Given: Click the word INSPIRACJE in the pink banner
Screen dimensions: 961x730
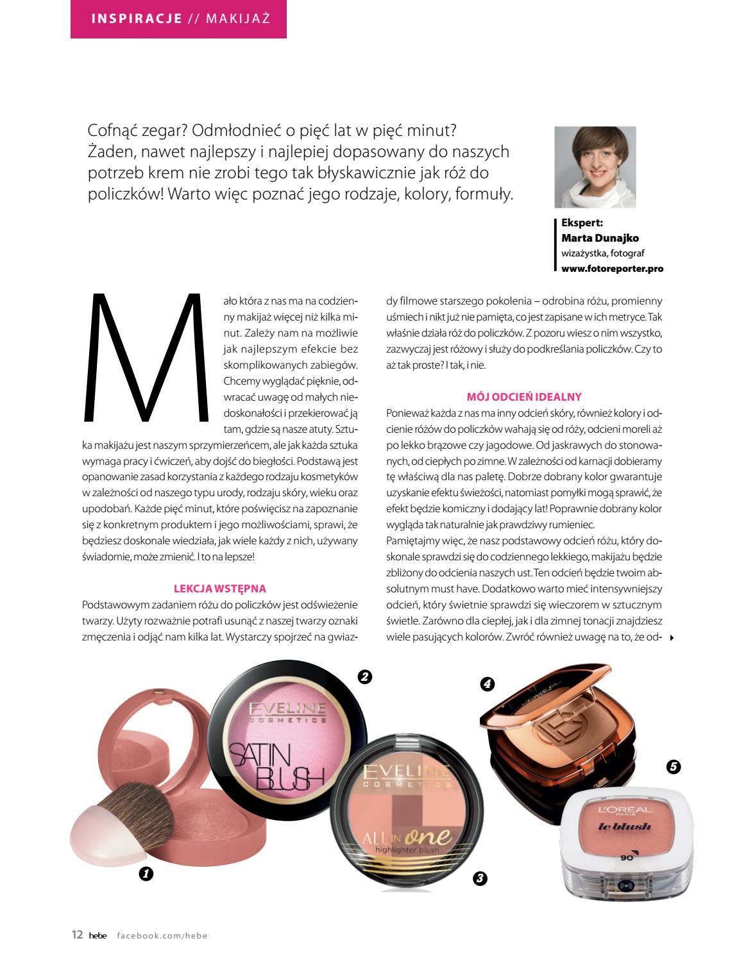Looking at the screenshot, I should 137,18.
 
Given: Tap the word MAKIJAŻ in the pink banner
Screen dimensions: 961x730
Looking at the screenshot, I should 238,18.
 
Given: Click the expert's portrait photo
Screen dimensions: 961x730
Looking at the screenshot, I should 595,167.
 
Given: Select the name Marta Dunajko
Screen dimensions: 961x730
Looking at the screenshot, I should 600,238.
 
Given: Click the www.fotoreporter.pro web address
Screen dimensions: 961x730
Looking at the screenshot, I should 612,269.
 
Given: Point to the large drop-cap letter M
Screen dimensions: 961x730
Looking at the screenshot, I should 147,357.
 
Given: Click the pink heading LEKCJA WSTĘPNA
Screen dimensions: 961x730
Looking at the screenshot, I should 219,588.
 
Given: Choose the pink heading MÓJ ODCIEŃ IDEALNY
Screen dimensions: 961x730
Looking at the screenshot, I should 524,397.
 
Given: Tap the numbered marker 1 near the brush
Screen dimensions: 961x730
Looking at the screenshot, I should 146,873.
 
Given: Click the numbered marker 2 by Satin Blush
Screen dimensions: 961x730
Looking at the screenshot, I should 365,676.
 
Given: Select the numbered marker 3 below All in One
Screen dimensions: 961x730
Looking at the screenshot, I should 479,878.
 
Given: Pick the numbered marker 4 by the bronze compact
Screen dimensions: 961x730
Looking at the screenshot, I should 487,684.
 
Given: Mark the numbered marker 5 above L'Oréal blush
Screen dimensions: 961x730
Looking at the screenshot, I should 673,766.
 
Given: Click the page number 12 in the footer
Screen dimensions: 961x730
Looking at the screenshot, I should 77,935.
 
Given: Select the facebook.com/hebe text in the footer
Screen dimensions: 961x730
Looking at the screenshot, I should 162,935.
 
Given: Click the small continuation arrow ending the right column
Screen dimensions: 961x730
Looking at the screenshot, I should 672,637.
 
